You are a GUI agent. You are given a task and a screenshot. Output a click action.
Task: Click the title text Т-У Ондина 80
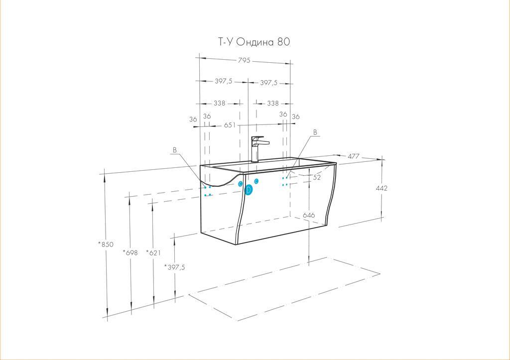pyautogui.click(x=254, y=42)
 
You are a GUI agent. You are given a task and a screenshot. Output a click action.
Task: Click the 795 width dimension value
pyautogui.click(x=244, y=60)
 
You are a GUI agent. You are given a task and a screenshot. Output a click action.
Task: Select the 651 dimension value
pyautogui.click(x=230, y=125)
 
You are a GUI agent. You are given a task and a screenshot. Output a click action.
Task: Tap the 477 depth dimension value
pyautogui.click(x=354, y=156)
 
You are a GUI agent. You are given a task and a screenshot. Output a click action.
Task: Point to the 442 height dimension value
pyautogui.click(x=382, y=188)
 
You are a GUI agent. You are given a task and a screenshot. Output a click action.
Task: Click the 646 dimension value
pyautogui.click(x=309, y=215)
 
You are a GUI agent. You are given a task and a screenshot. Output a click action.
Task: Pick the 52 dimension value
pyautogui.click(x=317, y=177)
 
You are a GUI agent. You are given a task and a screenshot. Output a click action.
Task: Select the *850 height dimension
pyautogui.click(x=106, y=244)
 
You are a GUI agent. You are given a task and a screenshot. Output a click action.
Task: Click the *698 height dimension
pyautogui.click(x=130, y=252)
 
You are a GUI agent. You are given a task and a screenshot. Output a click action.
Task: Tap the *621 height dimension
pyautogui.click(x=153, y=252)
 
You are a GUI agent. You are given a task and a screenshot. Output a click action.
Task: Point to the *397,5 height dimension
pyautogui.click(x=174, y=267)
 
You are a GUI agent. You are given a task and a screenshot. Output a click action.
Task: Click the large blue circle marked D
pyautogui.click(x=249, y=190)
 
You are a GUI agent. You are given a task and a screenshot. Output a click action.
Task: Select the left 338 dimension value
pyautogui.click(x=219, y=103)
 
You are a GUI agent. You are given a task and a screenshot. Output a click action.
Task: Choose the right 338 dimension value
pyautogui.click(x=273, y=103)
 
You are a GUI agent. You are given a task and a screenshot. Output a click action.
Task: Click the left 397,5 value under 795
pyautogui.click(x=224, y=81)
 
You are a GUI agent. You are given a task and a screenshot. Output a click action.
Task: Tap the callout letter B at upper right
pyautogui.click(x=315, y=132)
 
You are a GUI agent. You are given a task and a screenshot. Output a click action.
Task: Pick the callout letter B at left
pyautogui.click(x=175, y=150)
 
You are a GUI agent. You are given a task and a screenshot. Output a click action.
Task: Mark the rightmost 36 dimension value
pyautogui.click(x=296, y=117)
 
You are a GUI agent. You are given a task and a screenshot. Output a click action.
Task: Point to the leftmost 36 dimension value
pyautogui.click(x=193, y=120)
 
